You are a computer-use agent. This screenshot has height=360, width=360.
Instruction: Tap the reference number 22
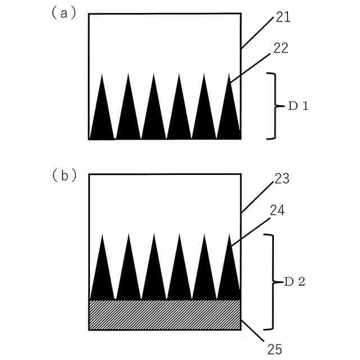click(x=281, y=48)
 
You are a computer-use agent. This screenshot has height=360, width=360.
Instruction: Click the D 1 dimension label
click(x=298, y=106)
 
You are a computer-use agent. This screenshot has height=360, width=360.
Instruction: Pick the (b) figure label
click(x=64, y=175)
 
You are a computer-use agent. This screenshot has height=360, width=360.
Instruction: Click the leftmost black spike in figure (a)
click(x=102, y=115)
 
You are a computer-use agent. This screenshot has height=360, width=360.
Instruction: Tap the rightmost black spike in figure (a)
click(x=229, y=115)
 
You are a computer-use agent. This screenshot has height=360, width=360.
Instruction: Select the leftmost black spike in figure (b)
click(x=102, y=276)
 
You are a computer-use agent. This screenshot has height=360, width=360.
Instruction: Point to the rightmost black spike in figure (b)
click(x=229, y=276)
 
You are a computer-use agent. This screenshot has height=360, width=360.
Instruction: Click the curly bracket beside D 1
click(x=274, y=106)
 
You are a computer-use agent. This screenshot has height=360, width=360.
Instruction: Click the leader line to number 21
click(x=258, y=34)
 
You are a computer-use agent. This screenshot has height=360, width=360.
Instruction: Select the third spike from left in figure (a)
click(x=153, y=115)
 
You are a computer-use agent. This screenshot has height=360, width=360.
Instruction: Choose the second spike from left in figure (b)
click(x=128, y=276)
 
